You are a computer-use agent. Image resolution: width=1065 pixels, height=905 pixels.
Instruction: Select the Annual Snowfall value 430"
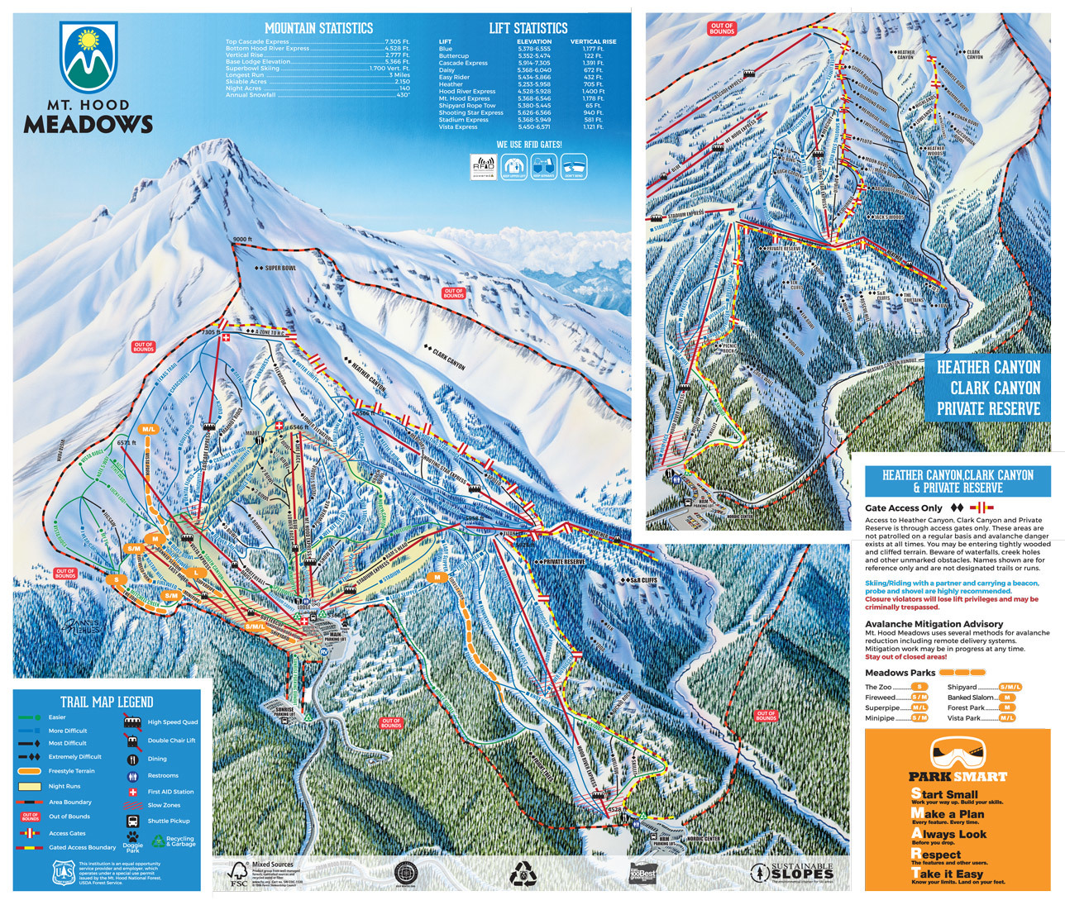click(403, 95)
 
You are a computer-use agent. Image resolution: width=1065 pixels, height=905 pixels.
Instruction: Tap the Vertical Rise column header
click(592, 41)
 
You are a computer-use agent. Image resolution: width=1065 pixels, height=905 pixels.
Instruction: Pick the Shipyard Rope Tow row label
click(467, 106)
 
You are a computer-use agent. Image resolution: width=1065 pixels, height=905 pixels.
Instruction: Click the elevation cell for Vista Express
click(533, 127)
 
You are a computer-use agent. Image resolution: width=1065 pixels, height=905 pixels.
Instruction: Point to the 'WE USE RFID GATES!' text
click(528, 145)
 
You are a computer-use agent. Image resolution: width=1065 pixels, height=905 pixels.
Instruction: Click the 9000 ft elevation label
click(241, 240)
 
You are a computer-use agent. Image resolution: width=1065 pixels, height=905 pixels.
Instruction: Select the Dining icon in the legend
click(131, 759)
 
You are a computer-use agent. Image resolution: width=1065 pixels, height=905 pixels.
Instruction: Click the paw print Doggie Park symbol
click(133, 836)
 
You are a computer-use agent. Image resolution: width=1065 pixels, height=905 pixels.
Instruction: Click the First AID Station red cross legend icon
click(131, 792)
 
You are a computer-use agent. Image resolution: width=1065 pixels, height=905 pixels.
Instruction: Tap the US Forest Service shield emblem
click(63, 872)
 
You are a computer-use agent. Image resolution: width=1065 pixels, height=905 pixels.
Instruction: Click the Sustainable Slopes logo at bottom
click(791, 872)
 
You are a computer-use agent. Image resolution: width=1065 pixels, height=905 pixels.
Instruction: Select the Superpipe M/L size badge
click(919, 707)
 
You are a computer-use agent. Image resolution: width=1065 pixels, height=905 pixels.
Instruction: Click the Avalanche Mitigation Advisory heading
click(934, 624)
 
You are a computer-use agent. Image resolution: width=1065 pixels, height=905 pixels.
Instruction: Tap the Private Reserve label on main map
click(562, 561)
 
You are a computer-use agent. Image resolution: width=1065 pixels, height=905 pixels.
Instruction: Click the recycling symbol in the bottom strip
click(523, 874)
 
